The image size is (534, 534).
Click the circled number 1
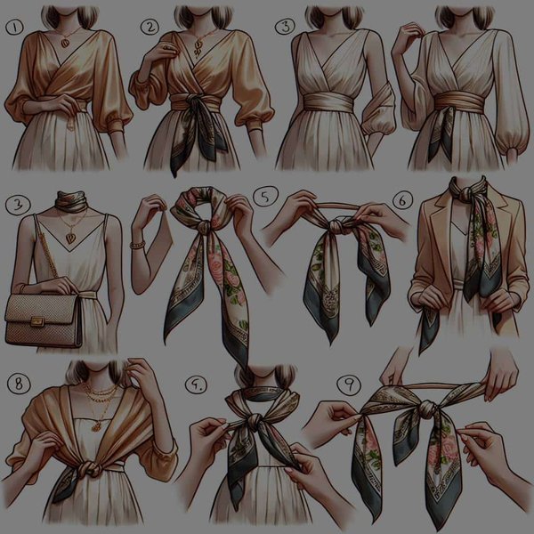pyautogui.click(x=13, y=28)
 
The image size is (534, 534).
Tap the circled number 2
pyautogui.click(x=148, y=28)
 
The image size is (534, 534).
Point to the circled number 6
pyautogui.click(x=401, y=202)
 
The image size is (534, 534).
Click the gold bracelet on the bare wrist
pyautogui.click(x=137, y=242)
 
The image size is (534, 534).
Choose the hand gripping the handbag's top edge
pyautogui.click(x=62, y=285)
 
